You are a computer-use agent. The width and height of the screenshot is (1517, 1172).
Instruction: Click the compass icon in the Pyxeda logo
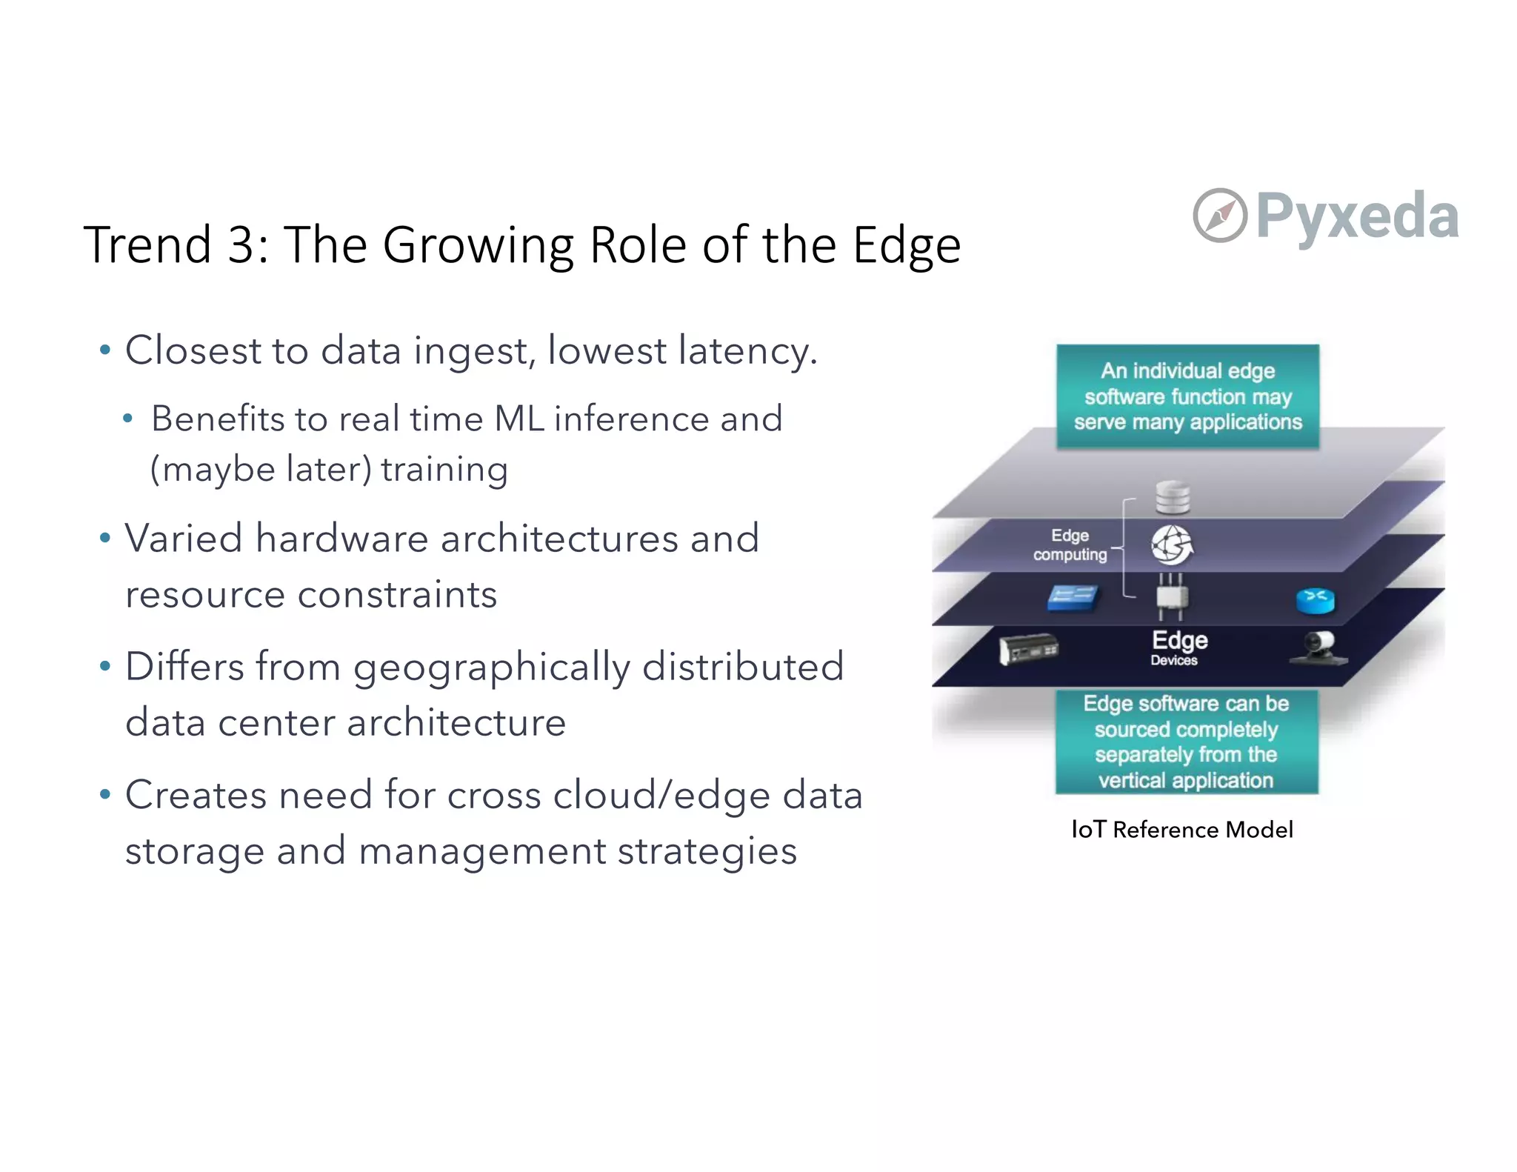(1219, 216)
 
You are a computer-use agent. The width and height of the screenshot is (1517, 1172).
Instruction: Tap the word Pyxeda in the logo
(1357, 216)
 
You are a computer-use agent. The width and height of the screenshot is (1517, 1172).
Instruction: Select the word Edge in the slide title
(907, 246)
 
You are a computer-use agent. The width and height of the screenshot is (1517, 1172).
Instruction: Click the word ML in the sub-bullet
(519, 419)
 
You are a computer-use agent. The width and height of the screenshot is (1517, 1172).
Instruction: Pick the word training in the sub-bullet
(444, 470)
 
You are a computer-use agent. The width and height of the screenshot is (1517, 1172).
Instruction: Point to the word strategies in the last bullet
(707, 851)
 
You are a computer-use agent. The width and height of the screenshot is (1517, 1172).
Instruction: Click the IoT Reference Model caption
(1182, 830)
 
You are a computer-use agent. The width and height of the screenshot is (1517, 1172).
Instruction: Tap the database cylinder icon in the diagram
(1173, 496)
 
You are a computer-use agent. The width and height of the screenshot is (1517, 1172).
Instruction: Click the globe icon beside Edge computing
(1172, 545)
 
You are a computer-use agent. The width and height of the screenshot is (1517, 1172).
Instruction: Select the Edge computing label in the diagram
(1070, 545)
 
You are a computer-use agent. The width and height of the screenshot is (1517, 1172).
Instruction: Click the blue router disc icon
(1316, 600)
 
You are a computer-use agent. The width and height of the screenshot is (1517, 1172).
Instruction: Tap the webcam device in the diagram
(1318, 647)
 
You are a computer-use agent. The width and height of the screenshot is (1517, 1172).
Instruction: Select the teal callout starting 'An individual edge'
(1187, 396)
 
